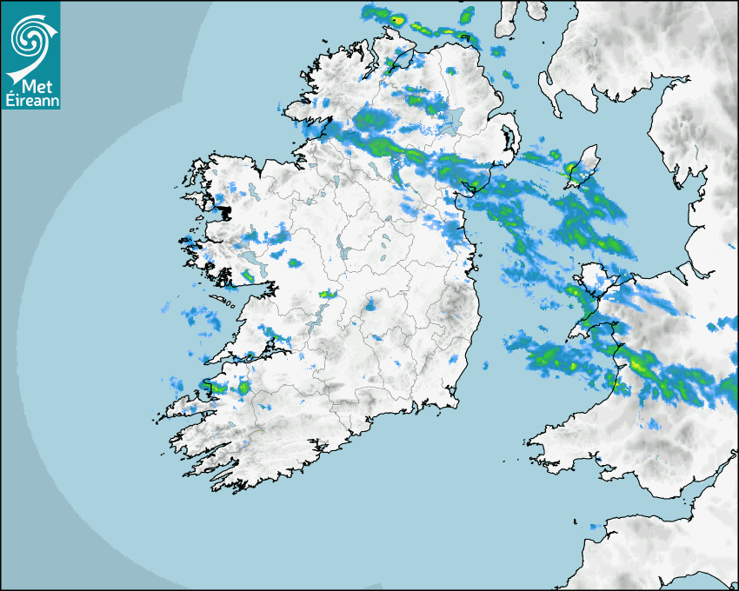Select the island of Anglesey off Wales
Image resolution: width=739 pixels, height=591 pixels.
595,280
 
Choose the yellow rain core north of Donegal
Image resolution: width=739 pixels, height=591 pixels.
397,19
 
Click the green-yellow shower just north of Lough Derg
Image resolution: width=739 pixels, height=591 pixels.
327,295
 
